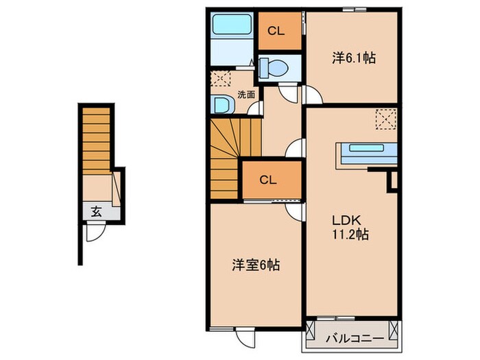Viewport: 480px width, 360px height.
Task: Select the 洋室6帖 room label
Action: click(x=254, y=264)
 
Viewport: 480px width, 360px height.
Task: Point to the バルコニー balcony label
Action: click(x=350, y=337)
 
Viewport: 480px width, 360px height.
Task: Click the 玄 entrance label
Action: click(x=96, y=213)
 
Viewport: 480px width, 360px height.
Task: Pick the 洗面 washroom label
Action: click(x=245, y=94)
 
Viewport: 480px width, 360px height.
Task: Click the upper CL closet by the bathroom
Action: click(x=277, y=30)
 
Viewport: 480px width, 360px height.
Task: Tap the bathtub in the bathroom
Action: click(x=232, y=25)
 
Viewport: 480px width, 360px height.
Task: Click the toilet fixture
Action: click(x=275, y=68)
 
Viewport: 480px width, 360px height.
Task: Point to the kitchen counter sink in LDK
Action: click(x=368, y=148)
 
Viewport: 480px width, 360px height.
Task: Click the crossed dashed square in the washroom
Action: click(x=221, y=77)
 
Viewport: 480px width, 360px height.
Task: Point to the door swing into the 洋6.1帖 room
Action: click(x=311, y=97)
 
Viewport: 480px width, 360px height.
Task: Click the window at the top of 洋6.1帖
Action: click(x=353, y=9)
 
